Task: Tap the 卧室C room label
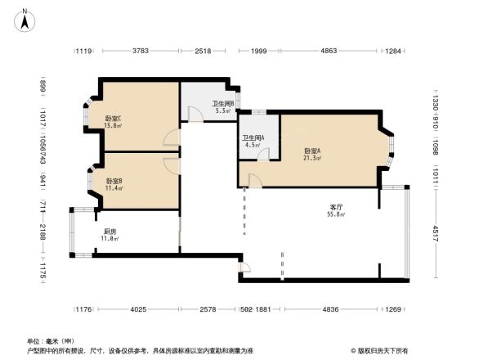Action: (x=114, y=119)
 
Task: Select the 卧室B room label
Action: (x=114, y=180)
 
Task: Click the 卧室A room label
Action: (x=312, y=151)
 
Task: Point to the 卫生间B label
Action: (x=223, y=104)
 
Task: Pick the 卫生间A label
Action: (x=252, y=138)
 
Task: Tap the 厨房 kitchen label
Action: (x=110, y=232)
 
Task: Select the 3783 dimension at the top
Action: (x=140, y=52)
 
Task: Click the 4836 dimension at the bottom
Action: (x=330, y=309)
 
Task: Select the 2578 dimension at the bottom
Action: (x=208, y=309)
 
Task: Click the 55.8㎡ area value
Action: (x=335, y=215)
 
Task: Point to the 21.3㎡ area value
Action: (x=312, y=158)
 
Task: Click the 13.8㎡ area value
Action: (x=114, y=126)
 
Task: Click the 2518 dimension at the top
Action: (x=204, y=52)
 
